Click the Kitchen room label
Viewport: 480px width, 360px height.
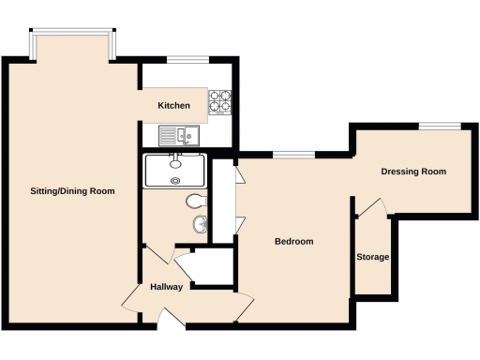pyautogui.click(x=174, y=106)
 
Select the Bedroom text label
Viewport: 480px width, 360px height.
pyautogui.click(x=293, y=242)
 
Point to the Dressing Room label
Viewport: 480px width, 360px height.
pyautogui.click(x=412, y=172)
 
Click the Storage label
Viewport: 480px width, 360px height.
pyautogui.click(x=372, y=257)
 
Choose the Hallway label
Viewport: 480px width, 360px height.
pyautogui.click(x=166, y=287)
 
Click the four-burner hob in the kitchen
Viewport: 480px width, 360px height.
pyautogui.click(x=220, y=101)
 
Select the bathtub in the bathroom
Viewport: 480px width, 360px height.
pyautogui.click(x=175, y=172)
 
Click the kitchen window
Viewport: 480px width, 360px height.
pyautogui.click(x=187, y=61)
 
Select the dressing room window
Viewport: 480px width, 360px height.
pyautogui.click(x=439, y=125)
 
